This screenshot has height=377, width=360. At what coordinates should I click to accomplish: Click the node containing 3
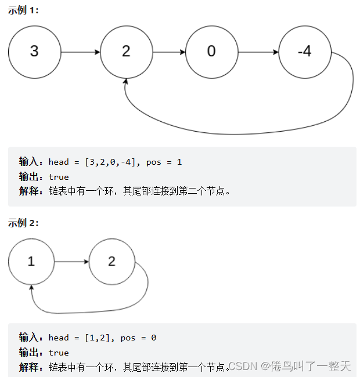pos(34,52)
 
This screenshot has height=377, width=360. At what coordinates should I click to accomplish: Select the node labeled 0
pos(211,52)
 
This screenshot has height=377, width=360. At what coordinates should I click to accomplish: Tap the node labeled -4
pos(304,52)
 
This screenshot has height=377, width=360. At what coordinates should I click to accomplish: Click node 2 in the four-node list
pos(126,52)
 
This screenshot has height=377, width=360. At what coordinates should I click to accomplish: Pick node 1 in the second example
pos(31,262)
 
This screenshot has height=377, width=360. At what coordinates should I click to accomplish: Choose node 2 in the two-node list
pos(112,262)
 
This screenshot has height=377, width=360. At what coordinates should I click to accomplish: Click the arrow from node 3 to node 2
pos(80,52)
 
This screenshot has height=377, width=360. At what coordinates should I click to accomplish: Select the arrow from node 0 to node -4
pos(258,52)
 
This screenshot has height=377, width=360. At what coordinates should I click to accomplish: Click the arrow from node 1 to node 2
pos(71,262)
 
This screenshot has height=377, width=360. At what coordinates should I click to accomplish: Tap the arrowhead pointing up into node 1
pos(32,287)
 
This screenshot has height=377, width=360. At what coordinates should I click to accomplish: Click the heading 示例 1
pos(23,11)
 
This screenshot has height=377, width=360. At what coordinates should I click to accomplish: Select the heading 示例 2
pos(23,223)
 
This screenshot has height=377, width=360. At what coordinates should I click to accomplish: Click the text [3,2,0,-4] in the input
pos(110,162)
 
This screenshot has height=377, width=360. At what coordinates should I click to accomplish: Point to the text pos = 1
pos(164,162)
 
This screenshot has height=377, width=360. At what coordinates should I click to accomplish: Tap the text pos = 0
pos(138,338)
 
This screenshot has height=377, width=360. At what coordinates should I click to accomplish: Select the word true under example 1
pos(59,177)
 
